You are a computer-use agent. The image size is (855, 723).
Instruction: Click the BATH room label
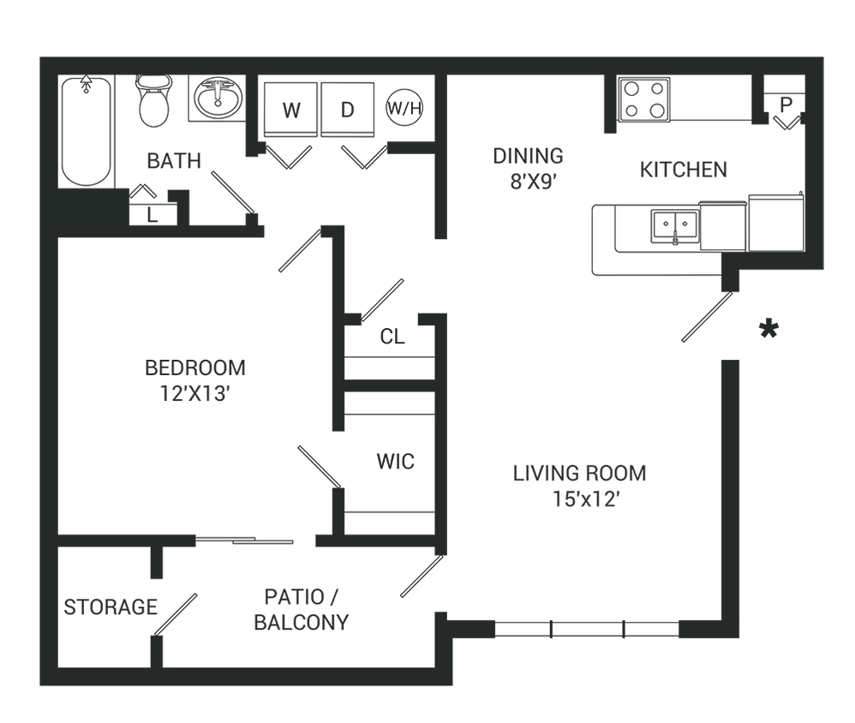174,160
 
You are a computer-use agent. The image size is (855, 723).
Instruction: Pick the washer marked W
291,110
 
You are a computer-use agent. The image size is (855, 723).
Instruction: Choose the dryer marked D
347,110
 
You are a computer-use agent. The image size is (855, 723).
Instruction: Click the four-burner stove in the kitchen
644,99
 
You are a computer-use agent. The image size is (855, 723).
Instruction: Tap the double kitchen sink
676,226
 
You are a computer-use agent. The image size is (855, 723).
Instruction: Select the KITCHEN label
683,170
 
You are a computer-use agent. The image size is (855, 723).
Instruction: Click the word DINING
528,157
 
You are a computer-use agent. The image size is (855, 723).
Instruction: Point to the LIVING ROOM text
579,473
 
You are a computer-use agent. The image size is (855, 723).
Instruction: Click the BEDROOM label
195,368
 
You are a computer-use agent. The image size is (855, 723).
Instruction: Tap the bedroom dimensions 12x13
196,394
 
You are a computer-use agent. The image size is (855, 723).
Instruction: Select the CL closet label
392,337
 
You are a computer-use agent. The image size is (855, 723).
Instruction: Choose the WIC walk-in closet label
395,462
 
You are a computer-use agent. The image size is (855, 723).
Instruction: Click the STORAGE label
110,608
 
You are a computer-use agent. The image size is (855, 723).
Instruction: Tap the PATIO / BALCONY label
302,609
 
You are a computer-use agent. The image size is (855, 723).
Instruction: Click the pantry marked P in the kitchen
786,103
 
